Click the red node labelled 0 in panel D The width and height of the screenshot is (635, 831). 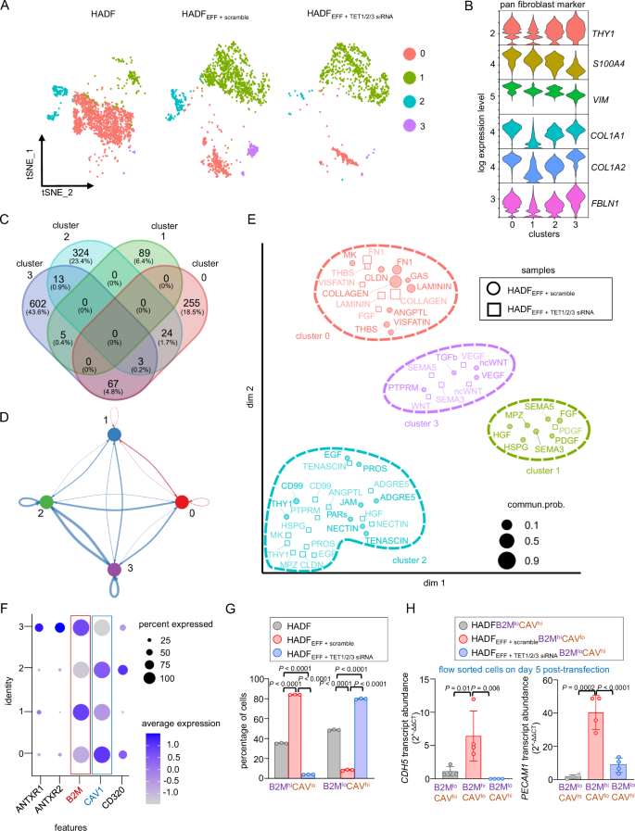pyautogui.click(x=182, y=501)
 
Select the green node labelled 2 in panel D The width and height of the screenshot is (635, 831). pyautogui.click(x=46, y=501)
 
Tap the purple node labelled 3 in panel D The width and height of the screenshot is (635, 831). pyautogui.click(x=113, y=570)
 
